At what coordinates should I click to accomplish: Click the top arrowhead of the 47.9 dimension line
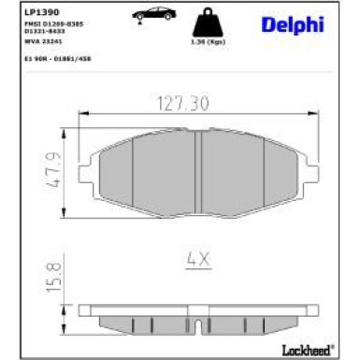(x=70, y=130)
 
